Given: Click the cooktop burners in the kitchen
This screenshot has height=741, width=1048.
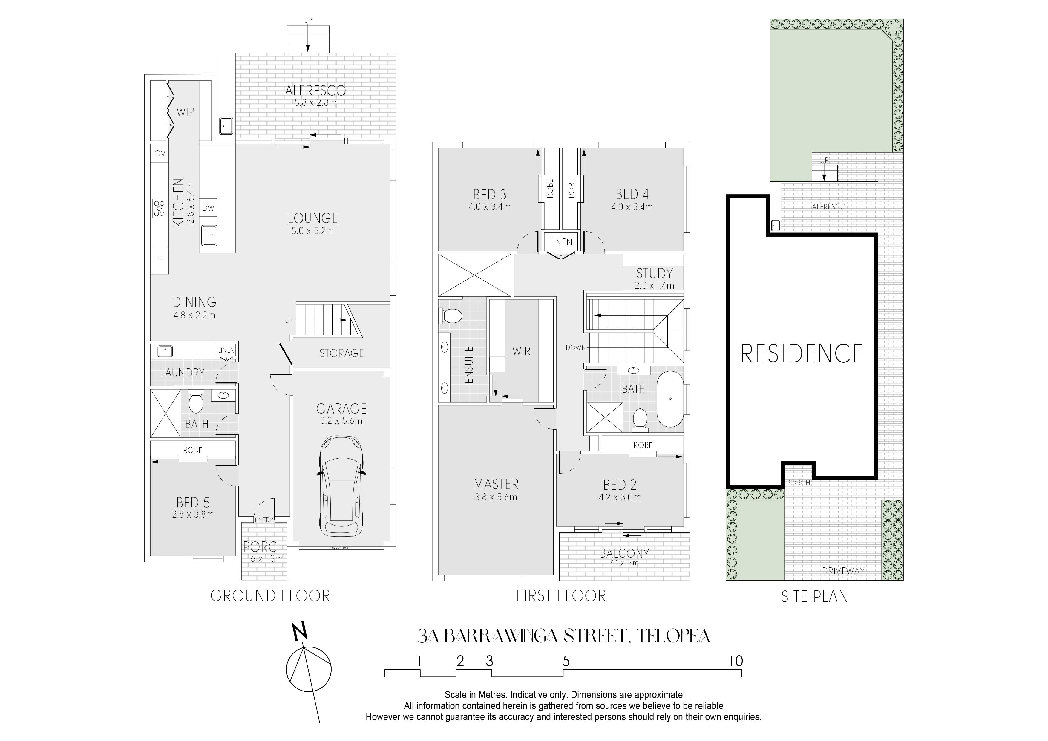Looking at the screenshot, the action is coord(159,208).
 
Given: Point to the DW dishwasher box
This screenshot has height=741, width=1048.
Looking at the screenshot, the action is coord(208,208).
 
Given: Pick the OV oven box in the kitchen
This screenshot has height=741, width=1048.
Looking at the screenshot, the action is coord(159,153).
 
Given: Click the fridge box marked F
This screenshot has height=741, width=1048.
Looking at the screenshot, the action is coord(159,260).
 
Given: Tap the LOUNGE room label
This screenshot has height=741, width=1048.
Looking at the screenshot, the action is coord(313,218).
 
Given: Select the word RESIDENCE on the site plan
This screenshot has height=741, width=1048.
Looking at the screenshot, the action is coord(802,353).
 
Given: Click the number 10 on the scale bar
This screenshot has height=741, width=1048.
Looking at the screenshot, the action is coord(736,661).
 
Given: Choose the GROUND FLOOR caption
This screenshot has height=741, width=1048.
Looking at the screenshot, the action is coord(270,596).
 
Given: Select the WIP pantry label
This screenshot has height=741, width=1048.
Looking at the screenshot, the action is coord(185,112).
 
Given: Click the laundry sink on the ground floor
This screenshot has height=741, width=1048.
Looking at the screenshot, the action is coord(164,351).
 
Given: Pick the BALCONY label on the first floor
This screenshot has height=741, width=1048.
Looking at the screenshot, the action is coord(624,553).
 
